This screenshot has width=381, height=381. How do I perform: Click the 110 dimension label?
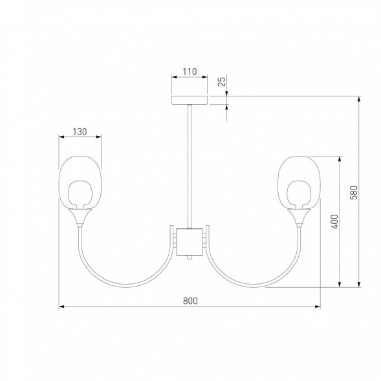[190, 72]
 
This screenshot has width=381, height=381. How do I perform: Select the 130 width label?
[80, 132]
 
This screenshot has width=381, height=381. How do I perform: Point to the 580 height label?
[354, 193]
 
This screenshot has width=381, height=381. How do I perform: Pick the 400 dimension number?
[334, 221]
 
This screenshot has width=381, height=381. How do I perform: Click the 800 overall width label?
[190, 301]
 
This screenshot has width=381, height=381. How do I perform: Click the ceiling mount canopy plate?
[190, 100]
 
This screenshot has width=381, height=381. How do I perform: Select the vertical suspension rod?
[190, 166]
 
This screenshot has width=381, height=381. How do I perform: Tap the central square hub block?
[190, 242]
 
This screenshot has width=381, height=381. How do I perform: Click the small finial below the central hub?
[190, 258]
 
